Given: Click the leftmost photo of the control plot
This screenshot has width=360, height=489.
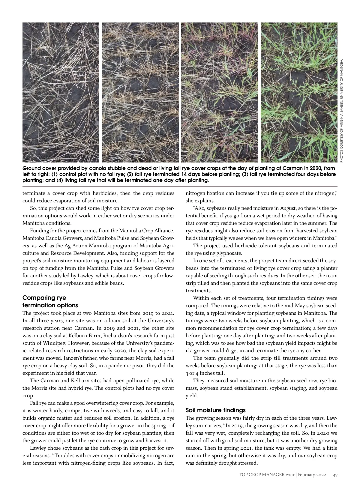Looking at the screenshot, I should tap(61, 92).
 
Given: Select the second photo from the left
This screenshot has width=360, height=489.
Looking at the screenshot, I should tap(140, 92).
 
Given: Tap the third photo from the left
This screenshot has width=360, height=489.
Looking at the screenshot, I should tap(219, 92).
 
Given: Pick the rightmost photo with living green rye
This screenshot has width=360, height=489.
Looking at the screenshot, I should tap(299, 92).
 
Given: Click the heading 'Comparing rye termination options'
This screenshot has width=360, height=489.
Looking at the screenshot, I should tap(50, 302).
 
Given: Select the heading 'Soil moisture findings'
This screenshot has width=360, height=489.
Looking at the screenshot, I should tap(215, 410).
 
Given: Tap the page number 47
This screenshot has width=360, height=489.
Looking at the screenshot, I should tap(335, 475).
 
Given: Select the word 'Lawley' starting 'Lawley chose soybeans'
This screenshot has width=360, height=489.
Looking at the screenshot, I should tap(38, 448).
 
